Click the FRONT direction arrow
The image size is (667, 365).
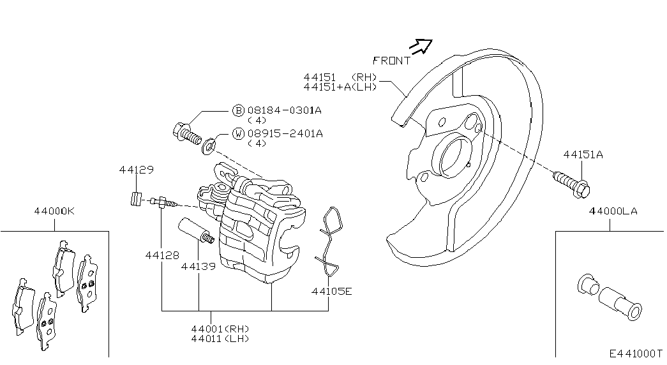(421, 45)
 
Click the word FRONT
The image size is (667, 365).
(391, 61)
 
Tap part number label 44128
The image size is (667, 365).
(162, 255)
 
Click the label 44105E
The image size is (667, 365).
(332, 292)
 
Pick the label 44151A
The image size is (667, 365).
(583, 154)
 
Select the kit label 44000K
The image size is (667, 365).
(54, 211)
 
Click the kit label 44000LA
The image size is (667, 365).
(613, 211)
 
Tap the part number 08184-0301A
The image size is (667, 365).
(285, 110)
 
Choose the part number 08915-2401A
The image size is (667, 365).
(285, 133)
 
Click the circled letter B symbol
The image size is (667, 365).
(238, 110)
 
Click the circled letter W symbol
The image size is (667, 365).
(238, 133)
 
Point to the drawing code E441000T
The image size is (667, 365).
(636, 353)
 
